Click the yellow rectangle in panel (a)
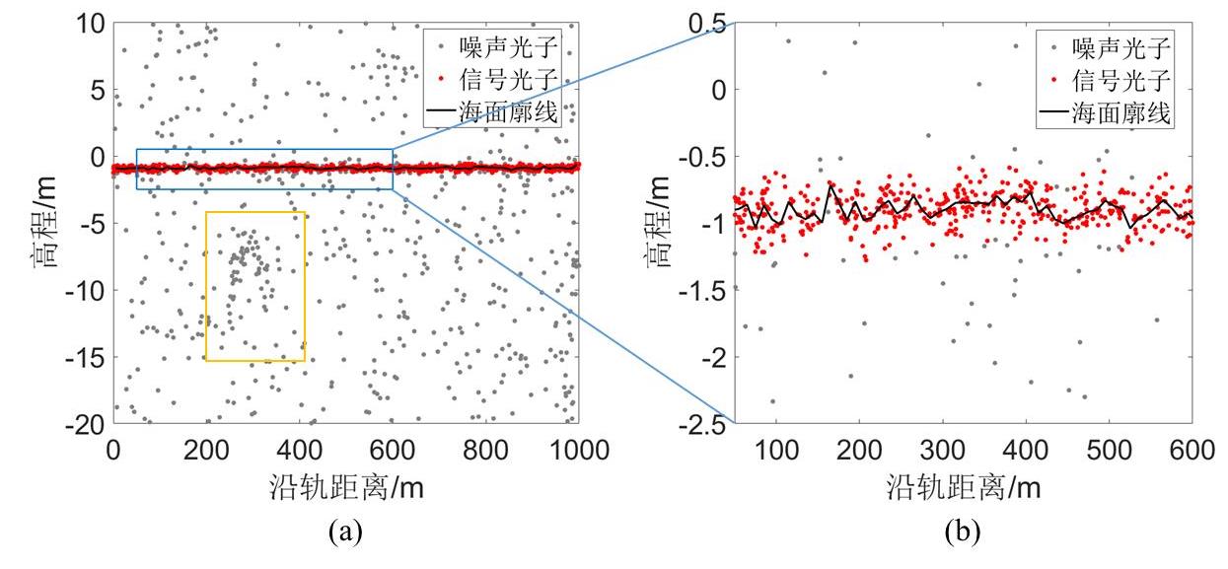click(206, 286)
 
